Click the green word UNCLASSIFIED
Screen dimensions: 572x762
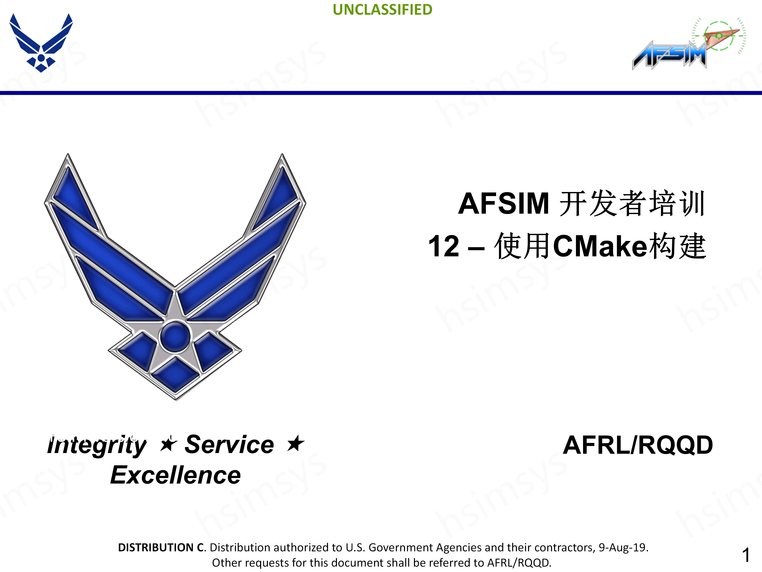[x=382, y=10]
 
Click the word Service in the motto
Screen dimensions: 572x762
[x=229, y=444]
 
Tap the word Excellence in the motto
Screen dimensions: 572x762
[x=175, y=475]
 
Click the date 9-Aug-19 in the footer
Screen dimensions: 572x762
[x=623, y=548]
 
